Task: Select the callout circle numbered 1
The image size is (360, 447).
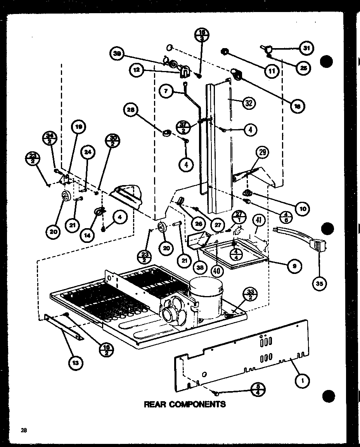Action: (302, 381)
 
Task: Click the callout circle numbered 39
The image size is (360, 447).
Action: (117, 54)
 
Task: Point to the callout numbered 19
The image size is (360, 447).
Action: (78, 127)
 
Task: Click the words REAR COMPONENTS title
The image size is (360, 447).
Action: (185, 404)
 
